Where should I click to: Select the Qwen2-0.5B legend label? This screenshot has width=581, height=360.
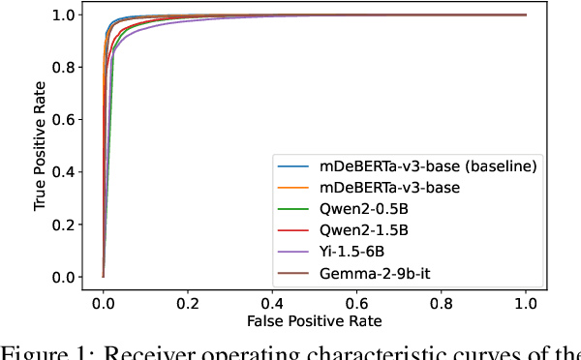pyautogui.click(x=357, y=208)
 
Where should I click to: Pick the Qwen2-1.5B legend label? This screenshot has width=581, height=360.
pyautogui.click(x=357, y=230)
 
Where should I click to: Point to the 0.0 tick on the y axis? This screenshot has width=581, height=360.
pyautogui.click(x=65, y=277)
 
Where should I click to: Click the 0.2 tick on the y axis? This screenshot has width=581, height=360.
pyautogui.click(x=65, y=225)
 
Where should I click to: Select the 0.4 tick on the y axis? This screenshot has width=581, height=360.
pyautogui.click(x=65, y=172)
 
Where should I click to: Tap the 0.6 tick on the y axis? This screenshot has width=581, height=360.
pyautogui.click(x=65, y=120)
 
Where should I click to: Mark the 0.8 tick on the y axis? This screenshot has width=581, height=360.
pyautogui.click(x=65, y=68)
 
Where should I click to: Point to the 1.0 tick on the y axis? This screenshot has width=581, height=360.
pyautogui.click(x=65, y=15)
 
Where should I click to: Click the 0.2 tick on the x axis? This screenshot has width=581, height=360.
pyautogui.click(x=188, y=301)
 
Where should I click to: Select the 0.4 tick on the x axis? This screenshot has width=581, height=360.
pyautogui.click(x=272, y=301)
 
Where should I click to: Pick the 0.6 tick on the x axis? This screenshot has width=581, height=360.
pyautogui.click(x=357, y=301)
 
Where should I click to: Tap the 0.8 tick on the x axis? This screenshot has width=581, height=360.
pyautogui.click(x=442, y=301)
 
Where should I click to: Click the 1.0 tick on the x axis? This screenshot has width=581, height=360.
pyautogui.click(x=526, y=301)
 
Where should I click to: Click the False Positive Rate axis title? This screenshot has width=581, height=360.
pyautogui.click(x=315, y=320)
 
